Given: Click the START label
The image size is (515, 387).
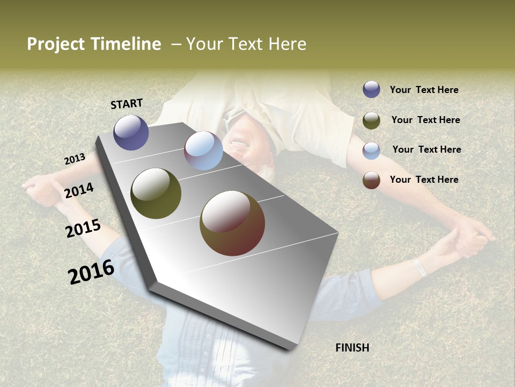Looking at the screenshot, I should [127, 104].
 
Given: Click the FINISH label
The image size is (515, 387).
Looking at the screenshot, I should [352, 348].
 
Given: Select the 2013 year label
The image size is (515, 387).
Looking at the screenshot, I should [75, 159].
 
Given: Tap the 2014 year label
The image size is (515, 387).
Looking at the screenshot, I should [79, 190].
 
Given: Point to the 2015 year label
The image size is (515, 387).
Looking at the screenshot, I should [83, 228].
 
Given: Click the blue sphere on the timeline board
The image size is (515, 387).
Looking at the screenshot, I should [131, 132].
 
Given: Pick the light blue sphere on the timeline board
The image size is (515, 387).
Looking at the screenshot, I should [203, 150].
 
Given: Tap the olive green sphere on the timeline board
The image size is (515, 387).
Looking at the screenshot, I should [156, 193].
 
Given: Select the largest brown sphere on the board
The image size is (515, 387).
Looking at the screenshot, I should [232, 223].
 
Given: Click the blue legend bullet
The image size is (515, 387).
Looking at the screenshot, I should [371, 89].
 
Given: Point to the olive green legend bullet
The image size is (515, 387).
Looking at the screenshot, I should [371, 120].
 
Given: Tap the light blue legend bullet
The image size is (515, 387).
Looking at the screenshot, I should [371, 150].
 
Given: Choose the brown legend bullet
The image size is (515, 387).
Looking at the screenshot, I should [371, 180].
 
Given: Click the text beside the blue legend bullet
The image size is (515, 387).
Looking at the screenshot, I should [424, 90].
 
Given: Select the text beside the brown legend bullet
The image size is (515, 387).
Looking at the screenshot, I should [424, 180].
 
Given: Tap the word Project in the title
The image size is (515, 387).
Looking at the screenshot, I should [56, 44].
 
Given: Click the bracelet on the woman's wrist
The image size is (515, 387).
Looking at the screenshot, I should [420, 267].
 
